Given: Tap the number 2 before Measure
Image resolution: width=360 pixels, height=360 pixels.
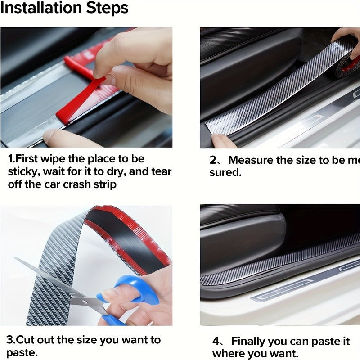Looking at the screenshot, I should pyautogui.click(x=214, y=160).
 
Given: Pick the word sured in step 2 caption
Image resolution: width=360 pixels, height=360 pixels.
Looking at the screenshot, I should pyautogui.click(x=225, y=173).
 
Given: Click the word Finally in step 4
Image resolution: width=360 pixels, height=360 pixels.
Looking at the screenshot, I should pyautogui.click(x=252, y=341).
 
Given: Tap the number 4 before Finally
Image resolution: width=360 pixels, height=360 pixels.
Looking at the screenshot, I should pyautogui.click(x=216, y=341).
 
